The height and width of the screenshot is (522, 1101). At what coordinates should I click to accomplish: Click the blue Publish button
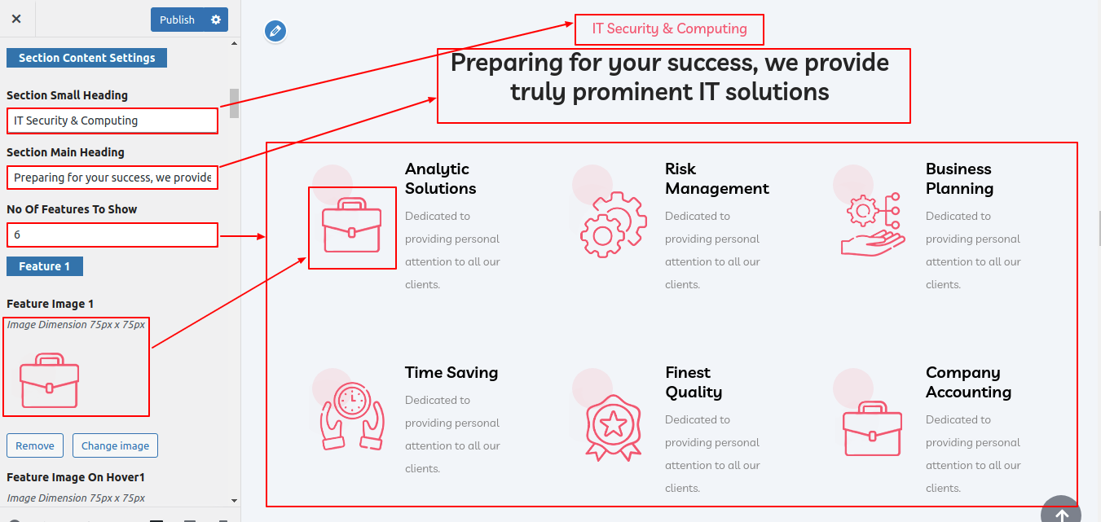point(177,20)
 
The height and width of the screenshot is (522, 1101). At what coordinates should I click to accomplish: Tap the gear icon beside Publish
point(216,20)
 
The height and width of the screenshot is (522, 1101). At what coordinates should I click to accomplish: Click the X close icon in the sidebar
point(16,19)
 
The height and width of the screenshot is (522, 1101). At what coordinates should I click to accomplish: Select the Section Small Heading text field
point(112,121)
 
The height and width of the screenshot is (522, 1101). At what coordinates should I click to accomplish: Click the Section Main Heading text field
point(112,178)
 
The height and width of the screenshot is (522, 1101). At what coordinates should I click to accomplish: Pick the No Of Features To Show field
point(112,235)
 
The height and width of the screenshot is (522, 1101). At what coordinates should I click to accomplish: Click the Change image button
point(115,445)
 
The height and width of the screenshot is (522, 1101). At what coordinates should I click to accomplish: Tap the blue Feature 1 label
point(45,266)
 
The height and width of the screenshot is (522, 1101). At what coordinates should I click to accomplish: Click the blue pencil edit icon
point(275,31)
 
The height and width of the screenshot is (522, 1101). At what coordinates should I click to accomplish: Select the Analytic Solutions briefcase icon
point(351,226)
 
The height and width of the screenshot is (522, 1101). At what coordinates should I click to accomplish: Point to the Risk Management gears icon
point(613,225)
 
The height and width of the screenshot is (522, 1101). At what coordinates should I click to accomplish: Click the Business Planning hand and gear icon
point(873,225)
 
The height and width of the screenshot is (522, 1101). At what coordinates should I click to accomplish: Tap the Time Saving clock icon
point(352,416)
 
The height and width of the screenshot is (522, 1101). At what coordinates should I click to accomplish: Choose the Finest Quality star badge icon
point(613,428)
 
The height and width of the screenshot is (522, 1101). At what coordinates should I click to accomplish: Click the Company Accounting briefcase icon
point(873,429)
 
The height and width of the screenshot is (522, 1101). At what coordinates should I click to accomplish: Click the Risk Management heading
point(716,178)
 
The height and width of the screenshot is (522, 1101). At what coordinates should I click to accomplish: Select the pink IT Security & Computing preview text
point(669,29)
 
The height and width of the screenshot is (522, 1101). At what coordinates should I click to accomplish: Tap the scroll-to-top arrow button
point(1061,511)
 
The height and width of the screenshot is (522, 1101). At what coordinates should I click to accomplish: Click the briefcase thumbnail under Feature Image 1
point(49,380)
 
